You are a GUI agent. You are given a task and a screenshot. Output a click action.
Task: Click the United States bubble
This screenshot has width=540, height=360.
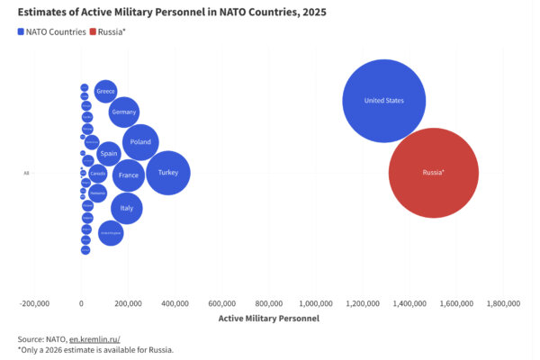(x=383, y=101)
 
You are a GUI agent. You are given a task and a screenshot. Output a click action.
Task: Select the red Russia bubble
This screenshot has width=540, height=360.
(x=434, y=173)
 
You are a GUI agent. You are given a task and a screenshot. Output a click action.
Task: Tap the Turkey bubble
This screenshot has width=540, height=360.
(x=168, y=172)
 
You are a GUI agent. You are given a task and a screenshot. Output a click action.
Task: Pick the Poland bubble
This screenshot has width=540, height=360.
(x=140, y=142)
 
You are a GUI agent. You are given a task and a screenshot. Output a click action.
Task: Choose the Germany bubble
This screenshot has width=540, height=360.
(x=124, y=112)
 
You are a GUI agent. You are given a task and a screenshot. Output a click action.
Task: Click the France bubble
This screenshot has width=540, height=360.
(x=129, y=175)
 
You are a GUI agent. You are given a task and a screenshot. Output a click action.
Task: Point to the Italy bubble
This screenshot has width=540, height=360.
(x=127, y=208)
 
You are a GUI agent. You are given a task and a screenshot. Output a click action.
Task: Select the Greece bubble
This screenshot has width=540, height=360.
(x=105, y=92)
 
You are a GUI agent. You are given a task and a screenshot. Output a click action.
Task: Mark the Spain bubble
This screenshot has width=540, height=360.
(x=109, y=154)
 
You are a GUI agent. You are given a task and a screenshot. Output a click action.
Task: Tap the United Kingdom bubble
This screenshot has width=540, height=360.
(x=111, y=233)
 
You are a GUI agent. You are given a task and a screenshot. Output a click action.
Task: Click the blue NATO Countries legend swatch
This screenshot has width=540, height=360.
(x=22, y=31)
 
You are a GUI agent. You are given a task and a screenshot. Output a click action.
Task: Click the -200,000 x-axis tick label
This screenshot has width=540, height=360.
(x=35, y=303)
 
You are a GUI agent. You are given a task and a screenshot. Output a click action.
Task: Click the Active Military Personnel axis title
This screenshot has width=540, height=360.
(x=269, y=318)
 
